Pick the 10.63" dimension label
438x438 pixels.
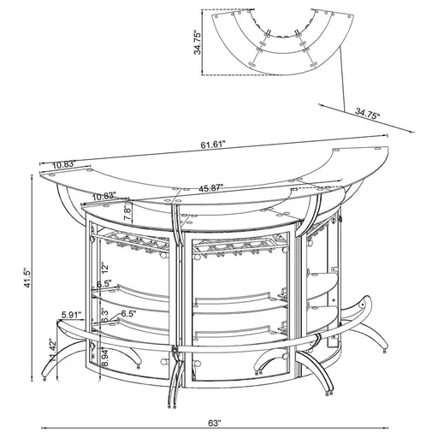(105, 195)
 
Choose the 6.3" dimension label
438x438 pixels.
(104, 317)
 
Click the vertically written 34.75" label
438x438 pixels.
(198, 42)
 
